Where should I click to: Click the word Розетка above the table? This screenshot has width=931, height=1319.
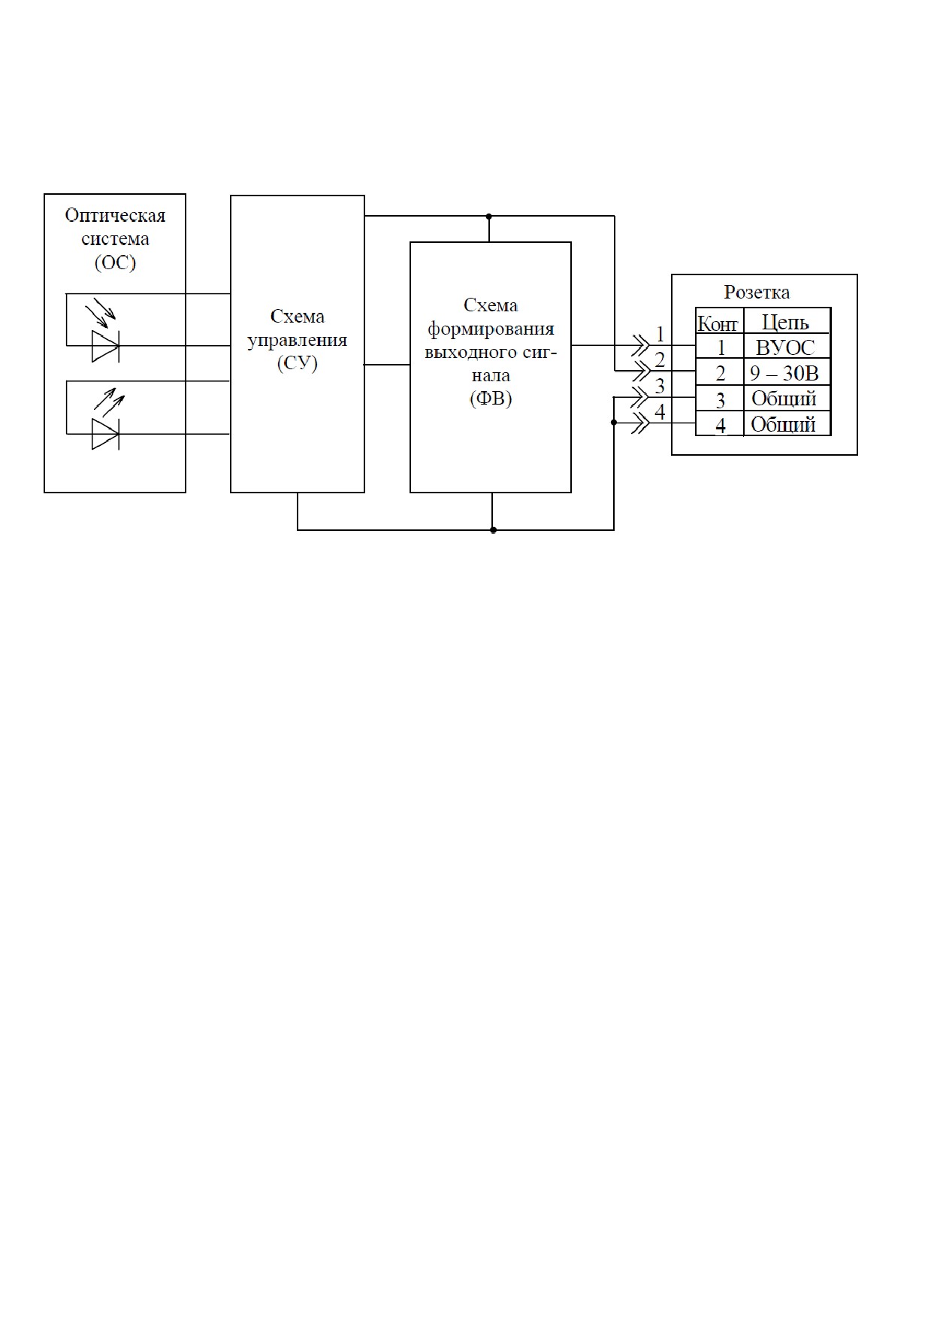757,293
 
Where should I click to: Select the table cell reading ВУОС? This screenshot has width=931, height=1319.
785,347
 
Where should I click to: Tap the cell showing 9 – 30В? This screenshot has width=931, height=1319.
785,373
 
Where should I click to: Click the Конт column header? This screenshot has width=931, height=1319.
719,323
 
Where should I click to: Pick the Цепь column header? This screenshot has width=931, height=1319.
785,323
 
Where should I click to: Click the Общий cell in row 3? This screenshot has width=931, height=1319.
785,399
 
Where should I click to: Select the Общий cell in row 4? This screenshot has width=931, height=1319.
785,424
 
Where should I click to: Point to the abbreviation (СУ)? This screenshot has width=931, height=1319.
297,363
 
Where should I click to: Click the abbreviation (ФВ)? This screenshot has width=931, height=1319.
491,399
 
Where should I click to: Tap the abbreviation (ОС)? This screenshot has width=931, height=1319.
115,262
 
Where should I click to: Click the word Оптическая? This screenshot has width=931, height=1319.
115,216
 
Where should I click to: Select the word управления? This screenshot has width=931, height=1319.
297,340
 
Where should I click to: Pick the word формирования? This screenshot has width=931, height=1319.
491,329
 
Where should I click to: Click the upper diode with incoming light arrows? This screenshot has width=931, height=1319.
105,346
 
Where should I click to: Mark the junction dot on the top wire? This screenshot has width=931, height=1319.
489,217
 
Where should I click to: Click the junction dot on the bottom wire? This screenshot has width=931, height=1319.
493,530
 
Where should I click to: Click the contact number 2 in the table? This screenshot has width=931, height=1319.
721,374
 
